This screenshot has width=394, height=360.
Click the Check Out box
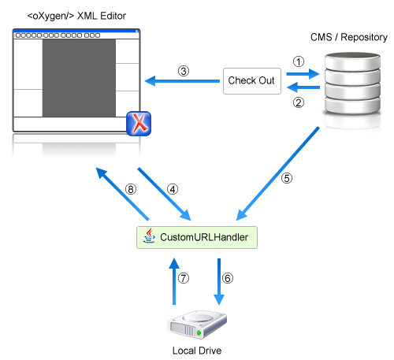point(252,81)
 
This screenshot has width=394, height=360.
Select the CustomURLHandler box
point(197,237)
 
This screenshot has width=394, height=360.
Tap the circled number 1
point(299,61)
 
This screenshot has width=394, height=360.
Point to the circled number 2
point(299,102)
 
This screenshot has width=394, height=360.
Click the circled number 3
point(184,71)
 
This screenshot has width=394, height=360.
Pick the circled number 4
point(173,189)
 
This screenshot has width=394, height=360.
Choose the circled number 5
point(287,178)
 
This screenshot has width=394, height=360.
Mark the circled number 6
point(228,278)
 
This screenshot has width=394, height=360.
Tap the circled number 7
point(184,278)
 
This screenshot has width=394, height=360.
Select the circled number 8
point(131,189)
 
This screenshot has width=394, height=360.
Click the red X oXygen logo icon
point(139,124)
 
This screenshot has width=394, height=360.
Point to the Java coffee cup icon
point(149,236)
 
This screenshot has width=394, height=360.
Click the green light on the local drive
point(199,333)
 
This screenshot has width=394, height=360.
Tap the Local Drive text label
point(197,351)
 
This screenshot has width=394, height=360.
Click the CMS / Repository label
point(349,37)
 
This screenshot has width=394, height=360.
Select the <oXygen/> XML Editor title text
point(76,16)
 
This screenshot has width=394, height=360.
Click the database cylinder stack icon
point(352,84)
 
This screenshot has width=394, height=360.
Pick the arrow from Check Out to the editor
point(182,81)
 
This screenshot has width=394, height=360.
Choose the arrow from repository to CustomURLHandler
point(277,174)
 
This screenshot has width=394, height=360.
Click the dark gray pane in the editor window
point(79,78)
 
